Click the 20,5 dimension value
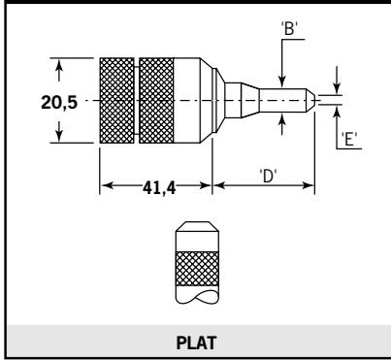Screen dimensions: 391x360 coord(59,103)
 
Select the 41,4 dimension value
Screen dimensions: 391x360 coord(159,188)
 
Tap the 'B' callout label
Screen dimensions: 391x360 coord(289,28)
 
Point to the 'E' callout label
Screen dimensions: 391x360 coord(349,140)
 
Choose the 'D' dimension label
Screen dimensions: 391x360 coord(268,177)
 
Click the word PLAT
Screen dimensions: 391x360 coord(196,343)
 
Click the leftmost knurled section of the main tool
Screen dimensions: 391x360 coord(117,101)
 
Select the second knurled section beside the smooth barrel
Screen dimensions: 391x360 coord(156,101)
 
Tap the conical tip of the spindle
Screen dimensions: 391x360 coord(310,100)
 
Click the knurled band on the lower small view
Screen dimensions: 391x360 coord(197,269)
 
